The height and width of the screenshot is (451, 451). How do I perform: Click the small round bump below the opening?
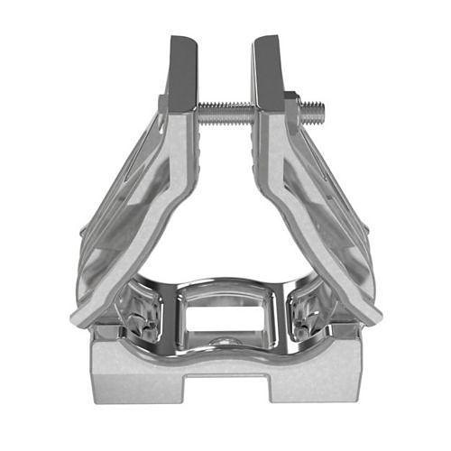click(225, 344)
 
